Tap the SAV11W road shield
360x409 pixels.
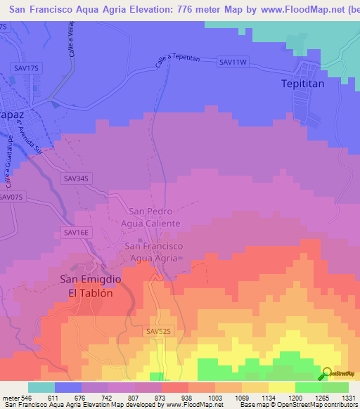(233, 63)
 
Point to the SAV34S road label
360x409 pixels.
(77, 179)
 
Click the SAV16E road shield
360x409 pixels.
(77, 232)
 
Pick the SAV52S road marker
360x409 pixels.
(160, 330)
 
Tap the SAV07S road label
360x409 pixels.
(12, 197)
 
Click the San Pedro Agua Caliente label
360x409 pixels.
(154, 217)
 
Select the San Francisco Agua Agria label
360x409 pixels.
(154, 252)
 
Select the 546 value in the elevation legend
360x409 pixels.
(21, 397)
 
